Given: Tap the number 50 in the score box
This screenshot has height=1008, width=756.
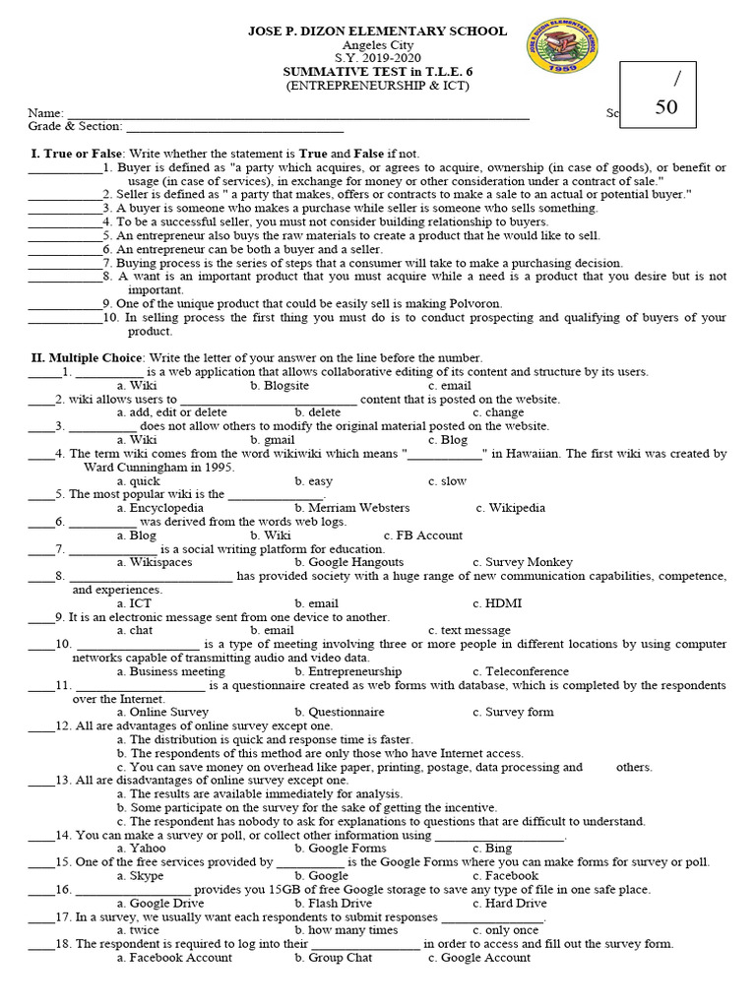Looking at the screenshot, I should (x=665, y=107).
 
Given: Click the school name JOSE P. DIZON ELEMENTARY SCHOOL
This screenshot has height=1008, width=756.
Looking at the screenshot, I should (x=377, y=31).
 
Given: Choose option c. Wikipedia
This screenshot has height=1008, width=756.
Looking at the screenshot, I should (x=509, y=508).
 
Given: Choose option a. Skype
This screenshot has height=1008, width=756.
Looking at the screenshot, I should (x=142, y=875).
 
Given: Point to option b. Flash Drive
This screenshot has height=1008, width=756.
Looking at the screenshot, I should (x=333, y=903).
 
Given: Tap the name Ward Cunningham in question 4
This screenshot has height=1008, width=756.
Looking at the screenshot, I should (x=133, y=467).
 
